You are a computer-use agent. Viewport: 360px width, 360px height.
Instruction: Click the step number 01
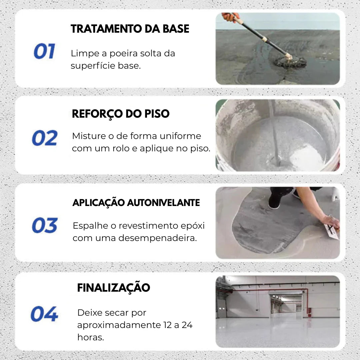(x=44, y=52)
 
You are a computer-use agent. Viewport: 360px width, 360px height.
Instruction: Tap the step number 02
(x=45, y=138)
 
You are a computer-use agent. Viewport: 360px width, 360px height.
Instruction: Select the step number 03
(x=45, y=225)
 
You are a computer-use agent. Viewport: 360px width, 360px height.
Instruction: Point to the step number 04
(x=44, y=314)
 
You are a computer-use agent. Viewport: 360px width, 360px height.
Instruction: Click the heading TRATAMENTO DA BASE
(x=130, y=29)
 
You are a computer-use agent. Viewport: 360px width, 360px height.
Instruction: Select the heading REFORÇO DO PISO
(x=121, y=114)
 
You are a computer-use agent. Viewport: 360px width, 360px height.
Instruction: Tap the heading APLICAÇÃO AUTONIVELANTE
(x=136, y=203)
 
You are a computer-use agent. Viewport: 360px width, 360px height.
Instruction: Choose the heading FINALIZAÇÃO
(x=113, y=288)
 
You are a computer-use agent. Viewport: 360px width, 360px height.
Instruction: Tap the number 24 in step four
(x=187, y=325)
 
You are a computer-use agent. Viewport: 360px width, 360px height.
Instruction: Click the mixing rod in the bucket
(x=274, y=133)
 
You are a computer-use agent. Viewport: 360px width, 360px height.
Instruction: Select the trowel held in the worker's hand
(x=331, y=231)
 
